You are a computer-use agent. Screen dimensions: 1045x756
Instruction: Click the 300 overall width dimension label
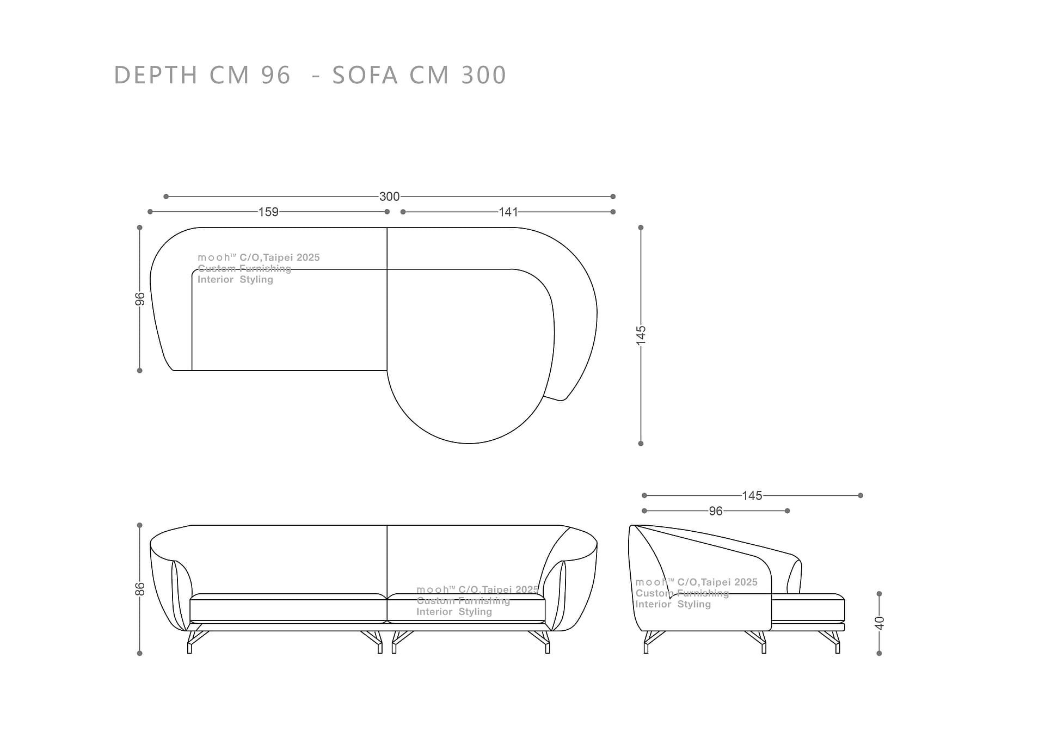click(389, 196)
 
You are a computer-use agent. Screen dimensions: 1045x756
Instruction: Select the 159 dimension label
click(268, 212)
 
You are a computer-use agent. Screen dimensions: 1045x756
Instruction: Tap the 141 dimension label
click(508, 212)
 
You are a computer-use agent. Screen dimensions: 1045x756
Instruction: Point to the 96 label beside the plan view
click(140, 299)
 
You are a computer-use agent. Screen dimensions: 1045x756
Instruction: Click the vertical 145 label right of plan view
click(641, 334)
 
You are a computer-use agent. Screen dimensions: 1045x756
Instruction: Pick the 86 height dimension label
click(140, 589)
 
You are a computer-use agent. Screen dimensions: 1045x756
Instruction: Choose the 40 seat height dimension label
click(880, 623)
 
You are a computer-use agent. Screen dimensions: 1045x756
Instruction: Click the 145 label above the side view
click(752, 496)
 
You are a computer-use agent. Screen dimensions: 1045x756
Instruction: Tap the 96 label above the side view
click(716, 511)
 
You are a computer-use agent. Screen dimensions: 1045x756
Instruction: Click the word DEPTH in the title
click(156, 75)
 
